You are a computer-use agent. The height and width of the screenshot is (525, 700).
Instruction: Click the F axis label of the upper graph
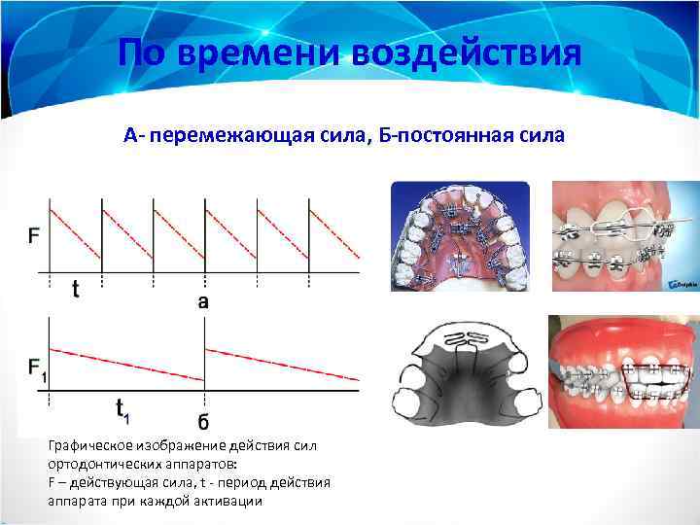pyautogui.click(x=35, y=234)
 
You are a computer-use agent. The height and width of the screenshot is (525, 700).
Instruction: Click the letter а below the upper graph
pyautogui.click(x=203, y=300)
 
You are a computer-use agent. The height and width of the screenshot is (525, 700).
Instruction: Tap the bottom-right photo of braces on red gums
pyautogui.click(x=622, y=373)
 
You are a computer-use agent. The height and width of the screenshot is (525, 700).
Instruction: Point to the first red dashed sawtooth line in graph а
pyautogui.click(x=75, y=229)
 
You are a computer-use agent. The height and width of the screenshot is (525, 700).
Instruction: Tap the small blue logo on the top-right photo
pyautogui.click(x=679, y=285)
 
